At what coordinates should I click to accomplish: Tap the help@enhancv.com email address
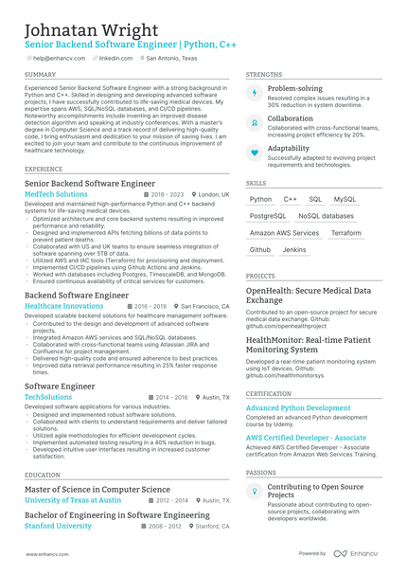[58, 58]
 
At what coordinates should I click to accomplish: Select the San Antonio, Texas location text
[171, 58]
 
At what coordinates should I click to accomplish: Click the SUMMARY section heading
[40, 74]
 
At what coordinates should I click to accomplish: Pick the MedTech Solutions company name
[56, 194]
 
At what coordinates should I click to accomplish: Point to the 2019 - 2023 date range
[167, 194]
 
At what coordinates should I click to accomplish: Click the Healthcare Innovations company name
[63, 307]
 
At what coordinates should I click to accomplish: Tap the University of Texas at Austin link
[73, 500]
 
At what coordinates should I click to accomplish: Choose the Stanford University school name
[60, 526]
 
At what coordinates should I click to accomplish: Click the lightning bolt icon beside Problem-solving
[254, 93]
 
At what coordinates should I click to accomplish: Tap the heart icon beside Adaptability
[254, 153]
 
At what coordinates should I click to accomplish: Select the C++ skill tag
[291, 200]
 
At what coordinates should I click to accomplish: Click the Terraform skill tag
[346, 233]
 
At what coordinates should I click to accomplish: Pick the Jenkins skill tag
[294, 250]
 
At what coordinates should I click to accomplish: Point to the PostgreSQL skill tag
[268, 216]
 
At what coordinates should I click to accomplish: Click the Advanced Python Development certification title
[297, 408]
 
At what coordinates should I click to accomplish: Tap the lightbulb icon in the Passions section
[254, 492]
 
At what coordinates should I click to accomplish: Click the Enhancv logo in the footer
[360, 553]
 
